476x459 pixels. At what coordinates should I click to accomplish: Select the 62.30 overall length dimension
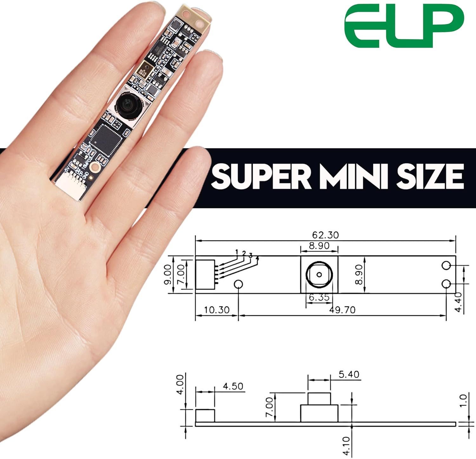coord(325,235)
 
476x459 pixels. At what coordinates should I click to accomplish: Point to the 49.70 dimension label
coord(342,310)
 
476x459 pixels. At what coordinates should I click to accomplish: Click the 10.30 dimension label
coord(216,310)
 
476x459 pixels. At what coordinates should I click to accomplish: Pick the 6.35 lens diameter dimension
coord(319,298)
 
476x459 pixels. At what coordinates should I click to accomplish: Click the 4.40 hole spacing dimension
coord(458,302)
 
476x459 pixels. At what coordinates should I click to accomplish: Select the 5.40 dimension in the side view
coord(349,374)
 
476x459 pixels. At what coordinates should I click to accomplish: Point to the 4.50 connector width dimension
coord(233,386)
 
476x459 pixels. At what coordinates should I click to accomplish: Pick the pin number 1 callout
coord(237,252)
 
